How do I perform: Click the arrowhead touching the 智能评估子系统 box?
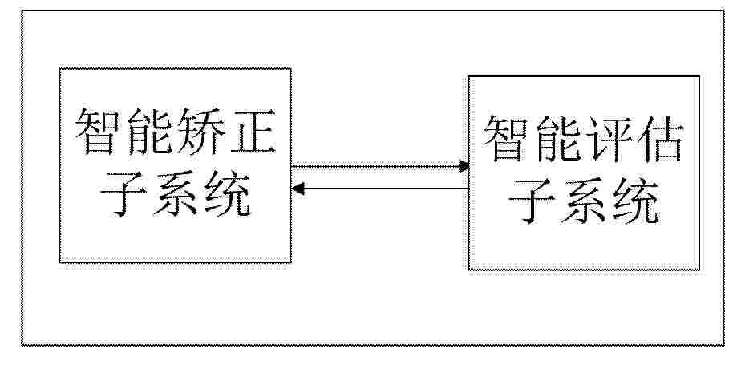[x=464, y=166]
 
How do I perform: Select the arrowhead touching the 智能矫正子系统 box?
[x=298, y=189]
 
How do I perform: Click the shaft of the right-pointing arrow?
[x=375, y=166]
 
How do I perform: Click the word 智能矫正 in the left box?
[x=176, y=132]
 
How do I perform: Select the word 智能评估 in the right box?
[x=584, y=139]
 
